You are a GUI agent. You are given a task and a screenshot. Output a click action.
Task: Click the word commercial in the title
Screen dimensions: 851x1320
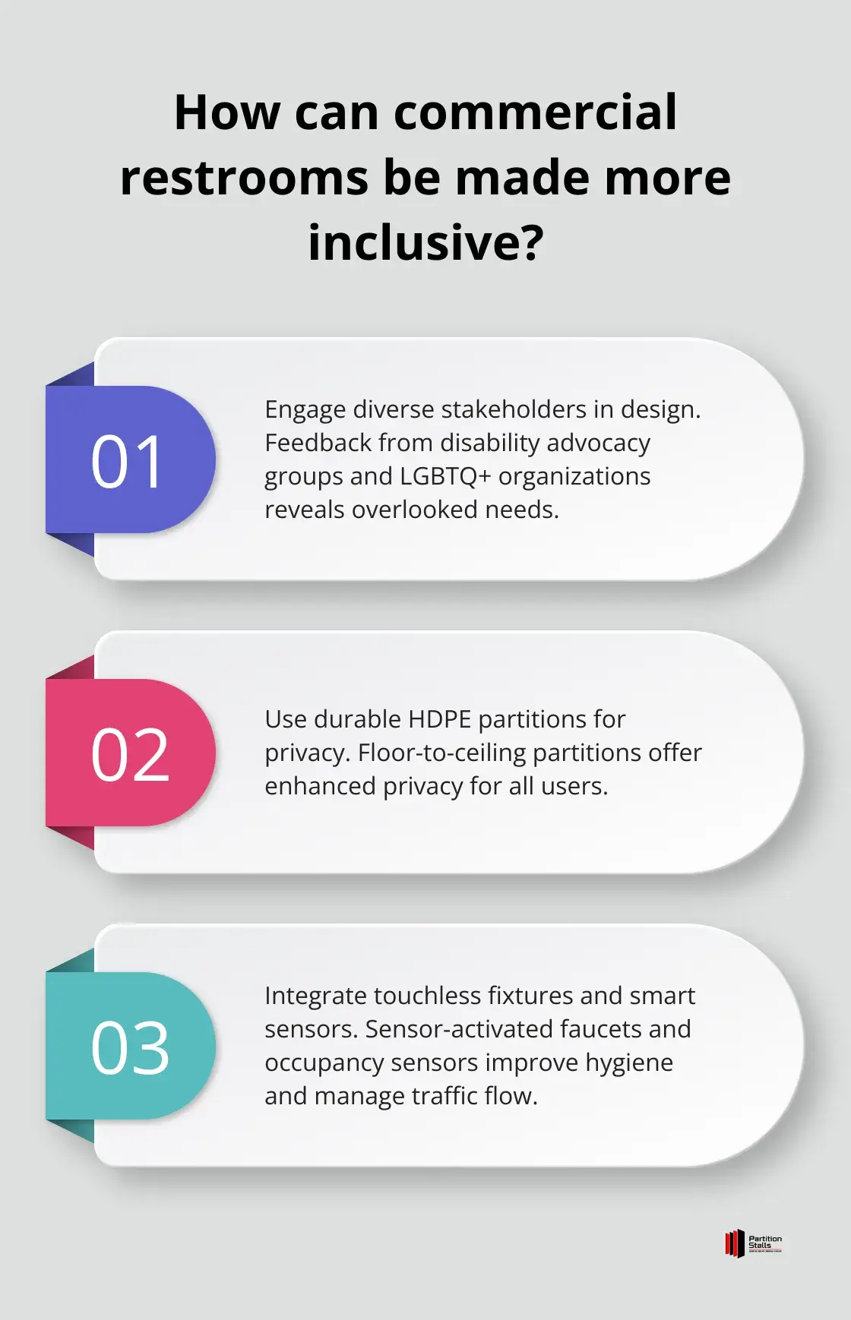click(x=536, y=112)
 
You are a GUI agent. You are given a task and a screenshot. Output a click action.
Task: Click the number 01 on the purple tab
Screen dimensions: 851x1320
click(x=127, y=461)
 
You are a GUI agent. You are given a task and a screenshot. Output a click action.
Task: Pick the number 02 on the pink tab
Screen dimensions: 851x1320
click(x=130, y=754)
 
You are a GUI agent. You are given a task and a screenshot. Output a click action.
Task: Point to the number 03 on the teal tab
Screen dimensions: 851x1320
click(x=130, y=1047)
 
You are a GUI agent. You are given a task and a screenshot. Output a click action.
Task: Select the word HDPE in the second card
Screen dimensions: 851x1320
click(x=440, y=719)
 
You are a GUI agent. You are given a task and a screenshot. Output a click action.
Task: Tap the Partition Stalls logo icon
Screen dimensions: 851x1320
click(x=734, y=1244)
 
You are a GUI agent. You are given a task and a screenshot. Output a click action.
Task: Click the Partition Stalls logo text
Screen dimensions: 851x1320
click(x=764, y=1243)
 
